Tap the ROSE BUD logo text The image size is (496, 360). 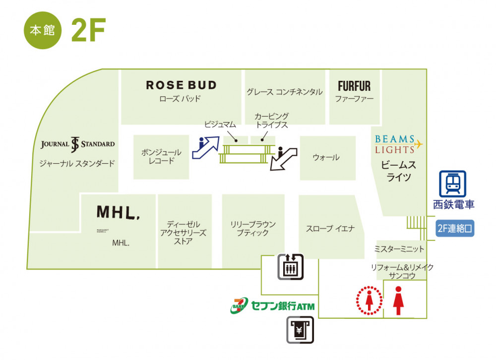(x=181, y=85)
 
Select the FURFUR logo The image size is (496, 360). (x=354, y=86)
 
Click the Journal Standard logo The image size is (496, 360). (x=77, y=144)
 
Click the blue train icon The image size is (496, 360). (x=453, y=184)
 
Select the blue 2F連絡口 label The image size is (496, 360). (x=455, y=229)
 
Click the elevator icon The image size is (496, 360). (x=291, y=267)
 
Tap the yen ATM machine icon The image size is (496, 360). (x=300, y=330)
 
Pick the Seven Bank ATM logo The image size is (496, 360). (x=272, y=305)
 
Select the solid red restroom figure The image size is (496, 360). (x=398, y=300)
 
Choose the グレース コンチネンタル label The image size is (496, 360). (x=284, y=92)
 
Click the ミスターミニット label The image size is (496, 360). (x=399, y=249)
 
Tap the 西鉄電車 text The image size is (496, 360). (x=453, y=204)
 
